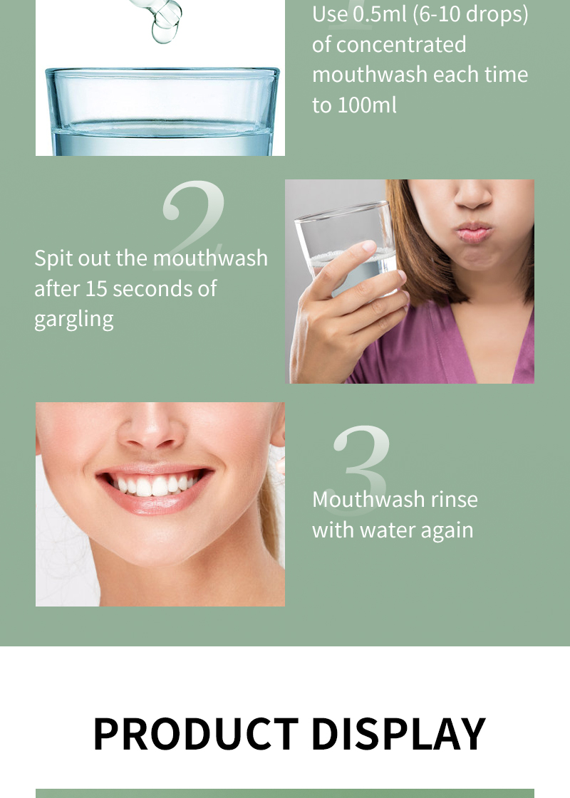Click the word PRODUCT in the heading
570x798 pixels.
coord(195,734)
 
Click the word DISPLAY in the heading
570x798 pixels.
coord(398,734)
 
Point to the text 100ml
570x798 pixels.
coord(365,105)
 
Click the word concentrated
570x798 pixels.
coord(401,45)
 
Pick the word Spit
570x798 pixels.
coord(53,258)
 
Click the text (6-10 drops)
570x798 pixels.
coord(471,14)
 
